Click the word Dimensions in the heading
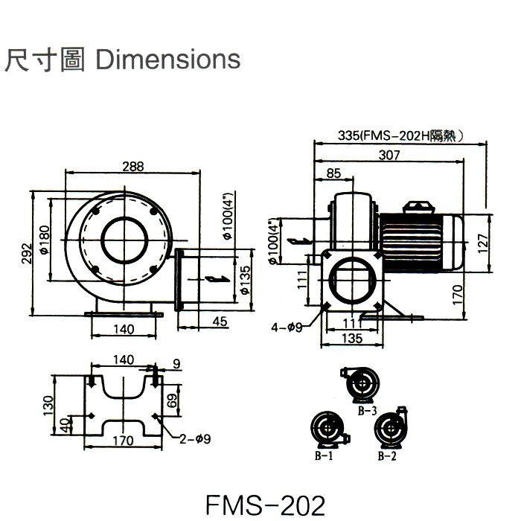point(169,59)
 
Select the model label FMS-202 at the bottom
point(266,505)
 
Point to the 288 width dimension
point(133,166)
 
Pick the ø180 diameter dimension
point(45,240)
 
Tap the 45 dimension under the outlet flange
point(220,322)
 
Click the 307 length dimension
point(389,156)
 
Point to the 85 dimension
point(333,174)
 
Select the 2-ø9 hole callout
point(195,438)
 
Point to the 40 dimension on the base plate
point(65,426)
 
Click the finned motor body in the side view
point(421,239)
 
